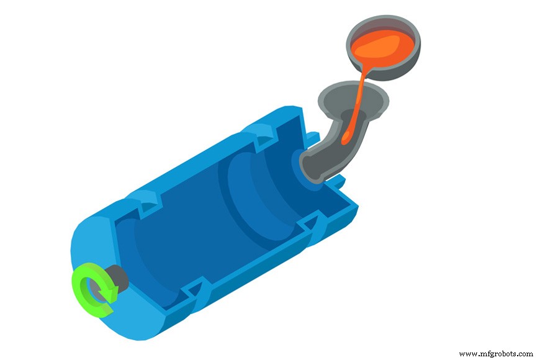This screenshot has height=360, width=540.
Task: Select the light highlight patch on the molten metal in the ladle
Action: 388,43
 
